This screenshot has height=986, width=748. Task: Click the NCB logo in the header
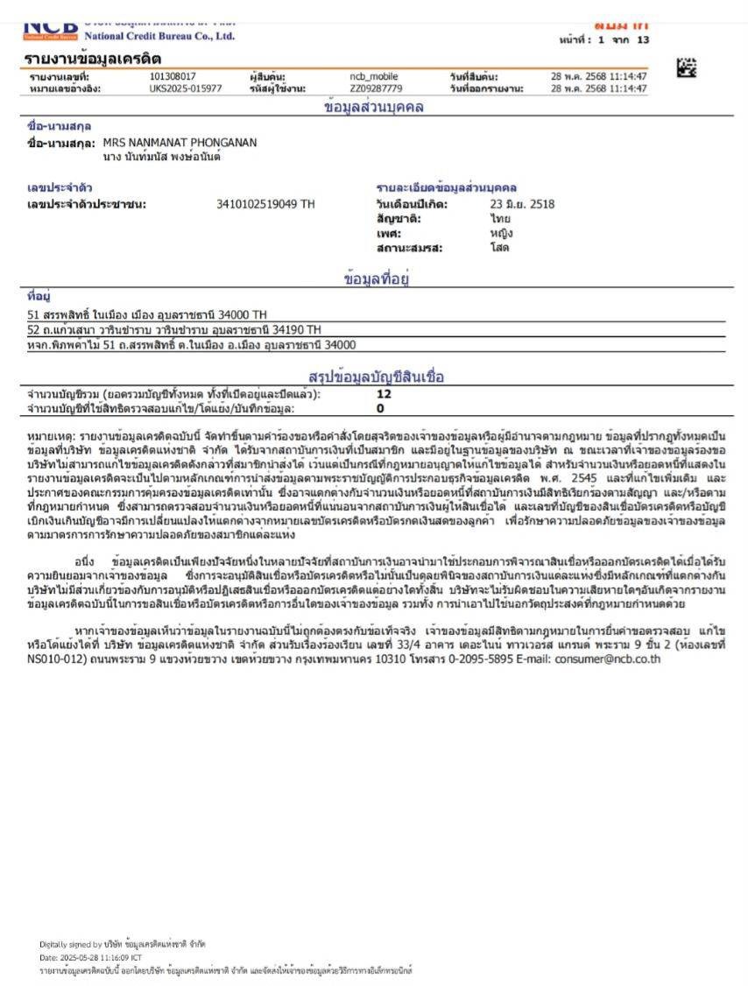coord(51,30)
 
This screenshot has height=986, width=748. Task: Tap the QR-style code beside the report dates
coord(688,67)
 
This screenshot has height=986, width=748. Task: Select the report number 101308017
coord(173,76)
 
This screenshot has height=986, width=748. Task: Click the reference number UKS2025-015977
coord(186,88)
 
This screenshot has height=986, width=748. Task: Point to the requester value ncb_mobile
coord(374,76)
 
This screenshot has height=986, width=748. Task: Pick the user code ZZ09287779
coord(377,88)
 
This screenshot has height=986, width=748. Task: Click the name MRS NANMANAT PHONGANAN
coord(180,142)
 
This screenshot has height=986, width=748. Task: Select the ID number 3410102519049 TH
coord(265,205)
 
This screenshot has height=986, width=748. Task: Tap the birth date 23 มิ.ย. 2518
coord(522,205)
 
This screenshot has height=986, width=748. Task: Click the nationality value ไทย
coord(501,219)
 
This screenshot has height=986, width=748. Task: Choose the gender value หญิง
coord(502,234)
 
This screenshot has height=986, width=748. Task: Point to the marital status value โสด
coord(500,248)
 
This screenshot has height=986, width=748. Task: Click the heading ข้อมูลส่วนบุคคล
coord(374,107)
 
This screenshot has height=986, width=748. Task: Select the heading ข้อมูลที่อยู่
coord(378,279)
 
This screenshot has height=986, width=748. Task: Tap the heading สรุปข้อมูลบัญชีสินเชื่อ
coord(377,377)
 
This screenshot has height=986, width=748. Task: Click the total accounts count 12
coord(384,394)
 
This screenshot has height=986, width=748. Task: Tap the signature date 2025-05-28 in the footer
coord(91,957)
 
